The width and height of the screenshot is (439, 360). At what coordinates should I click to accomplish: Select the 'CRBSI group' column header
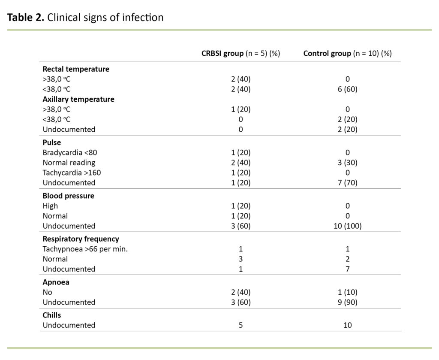(x=222, y=54)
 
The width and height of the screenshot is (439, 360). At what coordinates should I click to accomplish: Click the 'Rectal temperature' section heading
(x=76, y=69)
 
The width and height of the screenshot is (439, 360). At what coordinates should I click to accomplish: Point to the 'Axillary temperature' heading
(x=78, y=99)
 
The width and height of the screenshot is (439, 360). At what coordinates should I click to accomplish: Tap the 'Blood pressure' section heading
(x=68, y=196)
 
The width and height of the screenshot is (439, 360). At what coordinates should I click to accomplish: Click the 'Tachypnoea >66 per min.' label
(x=85, y=249)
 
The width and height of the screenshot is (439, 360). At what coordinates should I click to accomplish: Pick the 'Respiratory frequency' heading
(x=81, y=239)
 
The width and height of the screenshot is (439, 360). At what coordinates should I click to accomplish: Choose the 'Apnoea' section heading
(x=56, y=282)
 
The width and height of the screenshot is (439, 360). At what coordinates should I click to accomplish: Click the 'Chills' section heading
(x=52, y=315)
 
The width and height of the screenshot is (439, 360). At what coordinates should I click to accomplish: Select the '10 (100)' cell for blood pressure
(x=347, y=226)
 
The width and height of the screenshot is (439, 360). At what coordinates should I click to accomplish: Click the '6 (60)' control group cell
(x=347, y=89)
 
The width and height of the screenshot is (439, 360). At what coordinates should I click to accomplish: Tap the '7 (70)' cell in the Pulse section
(x=347, y=182)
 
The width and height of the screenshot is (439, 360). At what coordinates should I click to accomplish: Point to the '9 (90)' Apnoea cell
(x=347, y=302)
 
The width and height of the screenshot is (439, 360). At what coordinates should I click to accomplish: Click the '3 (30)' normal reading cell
(x=347, y=163)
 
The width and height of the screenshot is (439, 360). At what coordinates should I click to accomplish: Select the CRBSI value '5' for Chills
(x=241, y=325)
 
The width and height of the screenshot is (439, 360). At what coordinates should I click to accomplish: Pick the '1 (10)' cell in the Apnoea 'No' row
(x=347, y=292)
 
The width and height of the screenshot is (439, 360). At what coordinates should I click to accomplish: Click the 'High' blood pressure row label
(x=50, y=206)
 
